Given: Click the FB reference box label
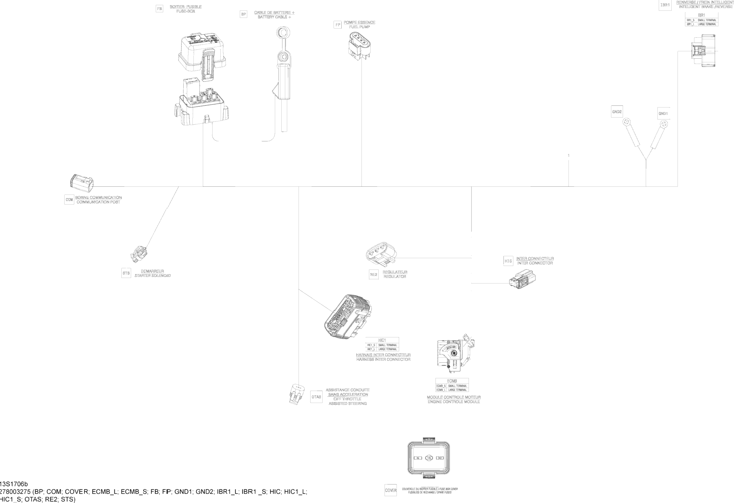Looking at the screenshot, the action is click(159, 9).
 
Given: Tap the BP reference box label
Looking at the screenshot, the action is click(243, 14).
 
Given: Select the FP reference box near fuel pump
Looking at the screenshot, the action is click(337, 25).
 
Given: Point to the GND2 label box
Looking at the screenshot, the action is click(617, 112).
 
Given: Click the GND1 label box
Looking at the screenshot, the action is click(663, 114).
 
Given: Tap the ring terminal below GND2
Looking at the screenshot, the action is click(626, 123).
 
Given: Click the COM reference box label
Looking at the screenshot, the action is click(69, 200).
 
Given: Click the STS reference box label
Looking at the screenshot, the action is click(126, 273).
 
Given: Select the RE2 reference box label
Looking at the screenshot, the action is click(374, 275).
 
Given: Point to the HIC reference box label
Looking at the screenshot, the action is click(508, 261).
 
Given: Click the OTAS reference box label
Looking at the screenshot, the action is click(316, 397).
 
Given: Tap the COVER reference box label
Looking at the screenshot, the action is click(391, 490).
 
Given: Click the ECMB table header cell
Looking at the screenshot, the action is click(452, 381).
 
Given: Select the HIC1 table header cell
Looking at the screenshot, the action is click(382, 340).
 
